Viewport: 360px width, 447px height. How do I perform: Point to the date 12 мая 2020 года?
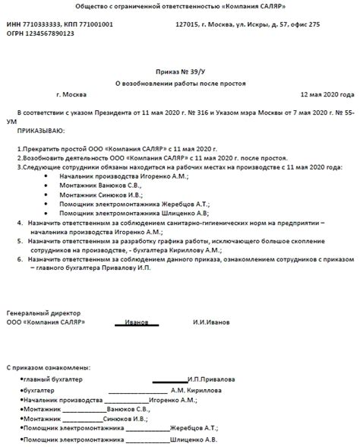click(x=327, y=94)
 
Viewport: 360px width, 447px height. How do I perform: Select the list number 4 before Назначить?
click(x=19, y=225)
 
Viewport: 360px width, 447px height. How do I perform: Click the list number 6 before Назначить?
click(x=19, y=259)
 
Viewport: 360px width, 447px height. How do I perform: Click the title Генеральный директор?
click(x=43, y=313)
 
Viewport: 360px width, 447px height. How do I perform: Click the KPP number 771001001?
click(x=96, y=24)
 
